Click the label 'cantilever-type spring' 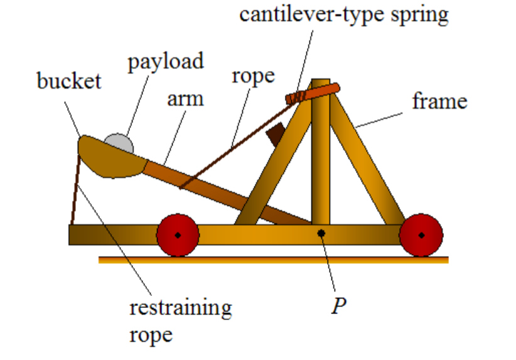(x=344, y=15)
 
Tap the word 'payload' (x=166, y=62)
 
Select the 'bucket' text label (x=69, y=82)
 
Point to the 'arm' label (x=185, y=99)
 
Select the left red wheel (x=178, y=235)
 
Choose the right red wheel (x=421, y=235)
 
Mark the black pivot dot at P (x=321, y=233)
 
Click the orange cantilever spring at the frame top (x=314, y=92)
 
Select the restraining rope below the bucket (x=76, y=188)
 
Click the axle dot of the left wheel (x=178, y=235)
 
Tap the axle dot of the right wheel (x=421, y=235)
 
